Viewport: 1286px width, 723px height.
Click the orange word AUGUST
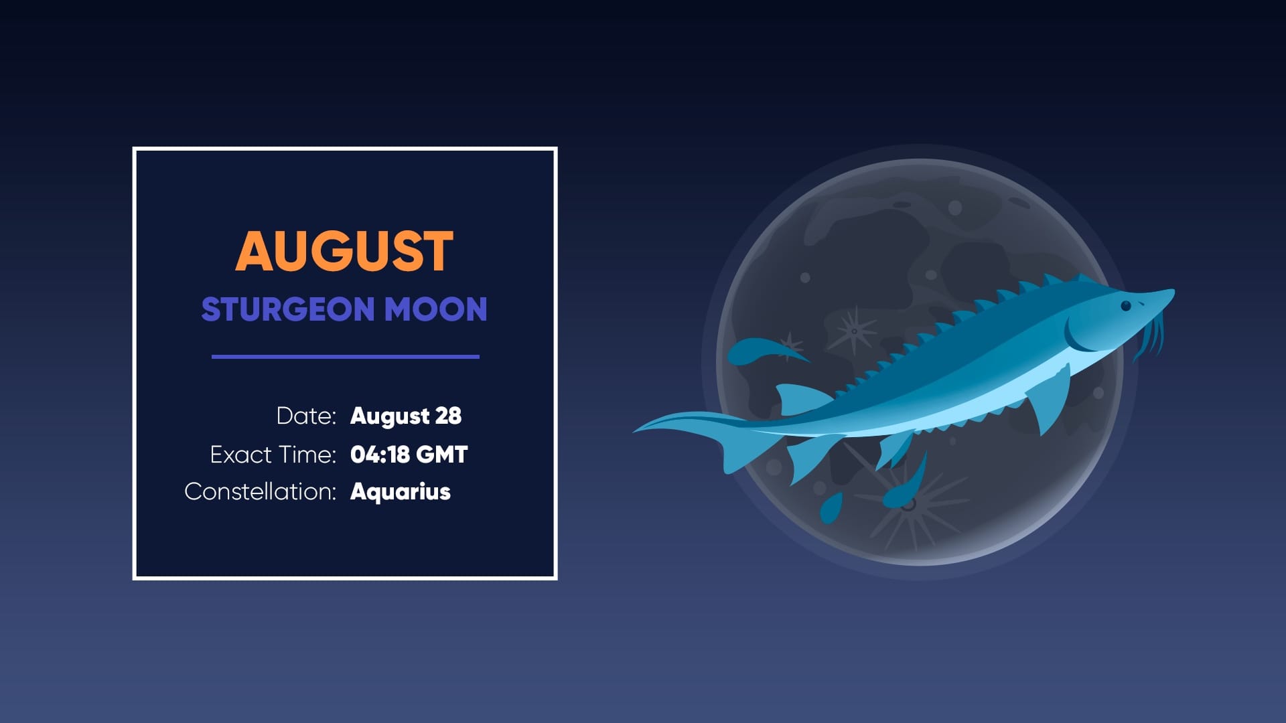click(344, 252)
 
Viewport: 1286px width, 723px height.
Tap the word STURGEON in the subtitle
click(287, 309)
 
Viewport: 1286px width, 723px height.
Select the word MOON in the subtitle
click(435, 309)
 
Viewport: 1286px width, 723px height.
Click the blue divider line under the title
click(345, 357)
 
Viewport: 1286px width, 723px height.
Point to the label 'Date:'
click(306, 416)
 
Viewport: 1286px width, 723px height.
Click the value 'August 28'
click(406, 416)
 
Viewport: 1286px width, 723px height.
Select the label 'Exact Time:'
click(273, 455)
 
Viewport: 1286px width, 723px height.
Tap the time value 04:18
click(380, 455)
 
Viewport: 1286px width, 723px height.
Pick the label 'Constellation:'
click(260, 491)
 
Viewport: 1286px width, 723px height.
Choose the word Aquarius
click(401, 491)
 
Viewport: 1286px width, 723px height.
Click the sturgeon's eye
click(1126, 306)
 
